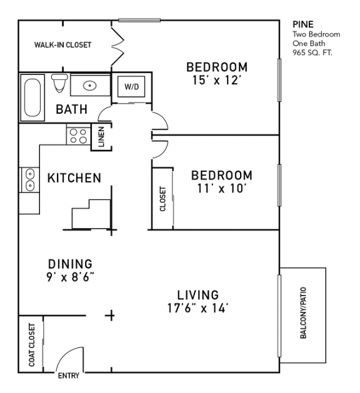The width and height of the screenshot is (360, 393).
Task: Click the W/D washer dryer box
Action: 132,87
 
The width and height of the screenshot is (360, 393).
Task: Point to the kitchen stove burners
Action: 78,136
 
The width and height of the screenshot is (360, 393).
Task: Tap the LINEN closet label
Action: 101,137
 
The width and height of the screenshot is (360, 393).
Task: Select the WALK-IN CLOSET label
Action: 62,45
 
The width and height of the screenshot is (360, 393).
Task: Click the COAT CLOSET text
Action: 29,344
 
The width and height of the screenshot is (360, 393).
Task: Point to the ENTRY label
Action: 67,377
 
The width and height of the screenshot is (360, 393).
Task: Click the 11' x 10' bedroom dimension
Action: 221,187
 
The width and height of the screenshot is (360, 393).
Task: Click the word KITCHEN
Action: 74,179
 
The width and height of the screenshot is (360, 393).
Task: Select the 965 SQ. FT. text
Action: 312,53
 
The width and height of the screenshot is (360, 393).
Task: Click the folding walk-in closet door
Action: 117,44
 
